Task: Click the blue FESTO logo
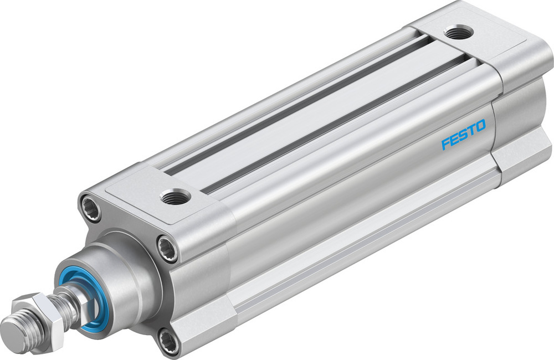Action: tap(463, 135)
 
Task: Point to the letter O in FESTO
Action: tap(480, 126)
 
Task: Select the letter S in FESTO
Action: tap(463, 135)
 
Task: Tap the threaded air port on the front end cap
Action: tap(175, 196)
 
